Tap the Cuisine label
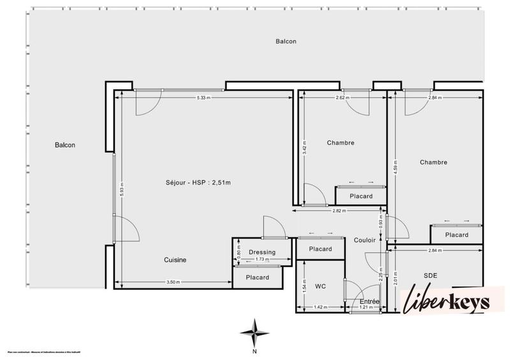click(x=175, y=260)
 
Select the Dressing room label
click(x=262, y=252)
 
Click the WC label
click(x=321, y=287)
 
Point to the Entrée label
click(x=370, y=301)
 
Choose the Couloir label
click(x=364, y=240)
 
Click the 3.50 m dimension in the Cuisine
click(x=173, y=282)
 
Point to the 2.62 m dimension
click(x=344, y=97)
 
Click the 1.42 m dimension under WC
click(x=321, y=308)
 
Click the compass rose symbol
click(x=254, y=333)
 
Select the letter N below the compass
click(x=254, y=351)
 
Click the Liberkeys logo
click(x=446, y=301)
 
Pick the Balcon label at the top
click(x=286, y=41)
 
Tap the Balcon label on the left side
click(x=65, y=145)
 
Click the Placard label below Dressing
click(x=258, y=277)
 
